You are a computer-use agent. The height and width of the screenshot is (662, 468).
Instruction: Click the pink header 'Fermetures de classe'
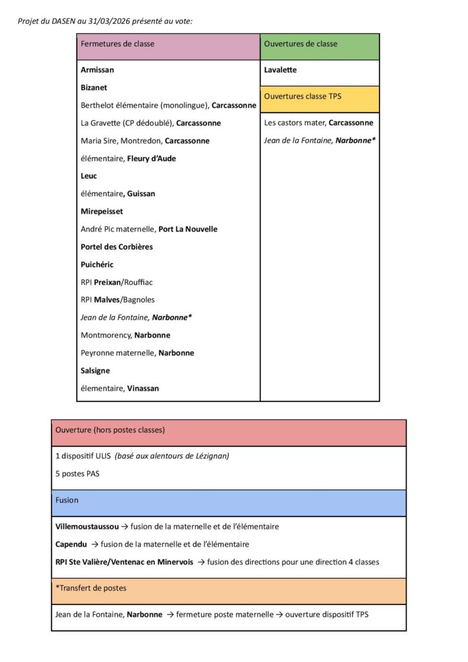pyautogui.click(x=118, y=44)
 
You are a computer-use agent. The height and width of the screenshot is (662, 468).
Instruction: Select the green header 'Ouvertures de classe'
pyautogui.click(x=301, y=44)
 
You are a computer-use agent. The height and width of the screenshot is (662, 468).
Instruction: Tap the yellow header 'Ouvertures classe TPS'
pyautogui.click(x=303, y=96)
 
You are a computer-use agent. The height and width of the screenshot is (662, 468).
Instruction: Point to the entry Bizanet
pyautogui.click(x=94, y=87)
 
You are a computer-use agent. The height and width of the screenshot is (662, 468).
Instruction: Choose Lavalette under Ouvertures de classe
pyautogui.click(x=281, y=70)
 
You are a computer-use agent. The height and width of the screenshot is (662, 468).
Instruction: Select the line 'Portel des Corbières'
pyautogui.click(x=116, y=247)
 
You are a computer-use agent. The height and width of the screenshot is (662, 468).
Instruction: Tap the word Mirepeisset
pyautogui.click(x=101, y=211)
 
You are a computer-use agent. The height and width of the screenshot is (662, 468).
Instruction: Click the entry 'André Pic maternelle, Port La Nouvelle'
pyautogui.click(x=149, y=229)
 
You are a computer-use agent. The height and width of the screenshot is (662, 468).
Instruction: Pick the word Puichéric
pyautogui.click(x=97, y=264)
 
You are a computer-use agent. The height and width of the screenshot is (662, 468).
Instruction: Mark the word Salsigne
pyautogui.click(x=95, y=370)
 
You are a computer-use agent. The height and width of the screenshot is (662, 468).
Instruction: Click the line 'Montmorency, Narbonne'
pyautogui.click(x=125, y=335)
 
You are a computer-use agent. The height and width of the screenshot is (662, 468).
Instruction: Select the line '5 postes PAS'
pyautogui.click(x=78, y=473)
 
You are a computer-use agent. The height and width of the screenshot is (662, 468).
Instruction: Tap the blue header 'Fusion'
pyautogui.click(x=67, y=500)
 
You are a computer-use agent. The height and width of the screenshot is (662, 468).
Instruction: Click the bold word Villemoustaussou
pyautogui.click(x=87, y=527)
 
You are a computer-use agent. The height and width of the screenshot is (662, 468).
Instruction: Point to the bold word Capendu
pyautogui.click(x=71, y=544)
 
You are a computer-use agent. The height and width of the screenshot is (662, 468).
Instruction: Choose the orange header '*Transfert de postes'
pyautogui.click(x=91, y=588)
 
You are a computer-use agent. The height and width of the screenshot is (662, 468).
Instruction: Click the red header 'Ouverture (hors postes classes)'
pyautogui.click(x=110, y=430)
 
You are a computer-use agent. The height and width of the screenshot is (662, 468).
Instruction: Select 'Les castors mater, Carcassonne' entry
pyautogui.click(x=318, y=123)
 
